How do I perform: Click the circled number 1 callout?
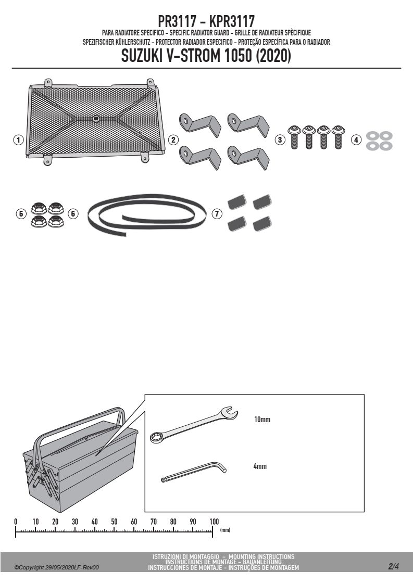coord(18,140)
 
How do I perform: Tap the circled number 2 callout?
coord(173,140)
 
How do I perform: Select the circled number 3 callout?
coord(280,140)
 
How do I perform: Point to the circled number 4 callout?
coord(356,140)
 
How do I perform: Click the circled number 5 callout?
coord(21,214)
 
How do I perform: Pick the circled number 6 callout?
coord(73,214)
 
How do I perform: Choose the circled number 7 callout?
coord(217,214)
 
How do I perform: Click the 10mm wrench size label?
coord(262,420)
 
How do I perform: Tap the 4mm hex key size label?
coord(260,466)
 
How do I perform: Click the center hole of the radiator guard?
coord(96,119)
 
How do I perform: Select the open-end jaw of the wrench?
coord(229,412)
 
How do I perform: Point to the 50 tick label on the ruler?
coord(114,522)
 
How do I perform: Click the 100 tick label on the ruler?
coord(215,522)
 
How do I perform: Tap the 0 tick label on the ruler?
coord(16,522)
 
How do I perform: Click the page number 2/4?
coord(393,567)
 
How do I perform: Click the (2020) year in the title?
coord(273,56)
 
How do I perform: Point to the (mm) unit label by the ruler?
coord(225,530)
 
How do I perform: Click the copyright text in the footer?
coord(56,568)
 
